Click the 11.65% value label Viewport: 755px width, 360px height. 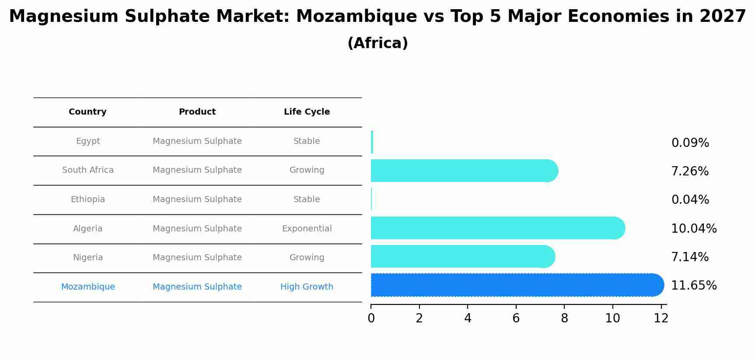click(x=694, y=286)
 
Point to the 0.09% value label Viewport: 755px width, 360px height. click(x=690, y=143)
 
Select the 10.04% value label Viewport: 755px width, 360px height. click(x=694, y=228)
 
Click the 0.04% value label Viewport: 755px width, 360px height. click(x=690, y=200)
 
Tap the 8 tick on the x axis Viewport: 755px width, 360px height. click(x=564, y=318)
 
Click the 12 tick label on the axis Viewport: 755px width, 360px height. click(x=661, y=318)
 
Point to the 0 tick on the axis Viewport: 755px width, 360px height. click(x=371, y=318)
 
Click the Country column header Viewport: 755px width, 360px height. click(x=87, y=112)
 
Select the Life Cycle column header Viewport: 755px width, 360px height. click(x=307, y=112)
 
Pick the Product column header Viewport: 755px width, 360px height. click(x=197, y=112)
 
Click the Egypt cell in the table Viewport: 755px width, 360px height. click(x=88, y=141)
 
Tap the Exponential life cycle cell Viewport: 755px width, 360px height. click(x=307, y=229)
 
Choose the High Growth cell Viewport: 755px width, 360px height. click(x=307, y=287)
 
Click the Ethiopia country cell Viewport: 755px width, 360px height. click(x=88, y=199)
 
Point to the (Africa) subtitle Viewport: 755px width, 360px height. click(x=377, y=43)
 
